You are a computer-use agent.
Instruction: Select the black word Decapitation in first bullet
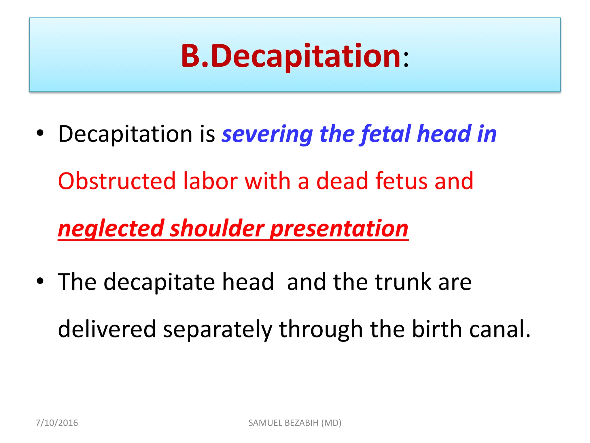click(x=125, y=134)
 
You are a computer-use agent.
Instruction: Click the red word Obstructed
click(x=117, y=181)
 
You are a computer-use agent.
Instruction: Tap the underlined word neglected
click(x=111, y=229)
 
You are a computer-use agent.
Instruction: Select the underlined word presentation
click(x=340, y=229)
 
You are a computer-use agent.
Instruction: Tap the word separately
click(x=218, y=329)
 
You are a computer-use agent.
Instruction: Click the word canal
click(x=500, y=329)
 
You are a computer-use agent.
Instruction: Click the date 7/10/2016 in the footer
click(x=57, y=423)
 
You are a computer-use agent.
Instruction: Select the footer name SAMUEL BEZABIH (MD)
click(x=295, y=423)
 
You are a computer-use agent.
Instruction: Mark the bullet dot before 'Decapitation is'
click(x=40, y=133)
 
